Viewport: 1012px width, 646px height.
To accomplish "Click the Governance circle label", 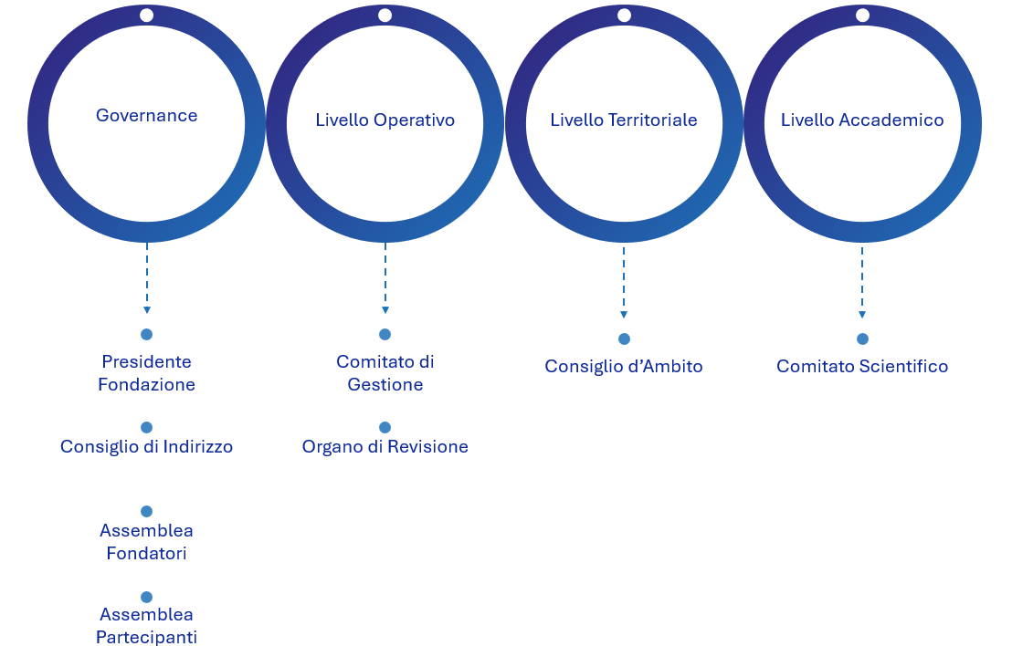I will coord(146,116).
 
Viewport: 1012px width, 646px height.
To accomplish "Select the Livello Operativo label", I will coord(385,120).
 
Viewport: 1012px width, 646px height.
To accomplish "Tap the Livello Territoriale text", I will coord(624,120).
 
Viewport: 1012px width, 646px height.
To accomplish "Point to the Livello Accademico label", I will coord(862,120).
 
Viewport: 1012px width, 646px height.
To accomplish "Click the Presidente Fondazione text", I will coord(146,373).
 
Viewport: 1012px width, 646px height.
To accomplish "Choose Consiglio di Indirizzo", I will coord(146,447).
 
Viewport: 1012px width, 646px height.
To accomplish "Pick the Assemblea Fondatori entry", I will coord(146,542).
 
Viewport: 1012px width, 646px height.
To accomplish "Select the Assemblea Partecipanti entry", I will coord(146,626).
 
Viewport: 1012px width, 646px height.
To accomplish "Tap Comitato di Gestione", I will coord(385,373).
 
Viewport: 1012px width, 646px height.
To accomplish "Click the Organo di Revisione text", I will coord(385,447).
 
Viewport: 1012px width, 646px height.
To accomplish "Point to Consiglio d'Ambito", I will coord(624,367).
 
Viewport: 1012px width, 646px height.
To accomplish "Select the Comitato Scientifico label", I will coord(862,367).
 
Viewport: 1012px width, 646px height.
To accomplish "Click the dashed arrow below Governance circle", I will coord(146,278).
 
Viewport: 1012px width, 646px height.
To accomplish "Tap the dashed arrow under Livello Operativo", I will coord(385,278).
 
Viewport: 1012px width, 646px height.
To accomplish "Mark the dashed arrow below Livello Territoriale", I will coord(624,281).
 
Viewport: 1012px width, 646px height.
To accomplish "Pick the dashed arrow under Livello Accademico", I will coord(862,281).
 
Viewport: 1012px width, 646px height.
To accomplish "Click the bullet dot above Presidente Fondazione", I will coord(146,335).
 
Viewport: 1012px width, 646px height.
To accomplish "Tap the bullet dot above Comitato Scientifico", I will coord(862,339).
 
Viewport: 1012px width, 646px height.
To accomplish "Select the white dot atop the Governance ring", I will coord(146,16).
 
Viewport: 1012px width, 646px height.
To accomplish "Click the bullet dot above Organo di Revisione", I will coord(385,427).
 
